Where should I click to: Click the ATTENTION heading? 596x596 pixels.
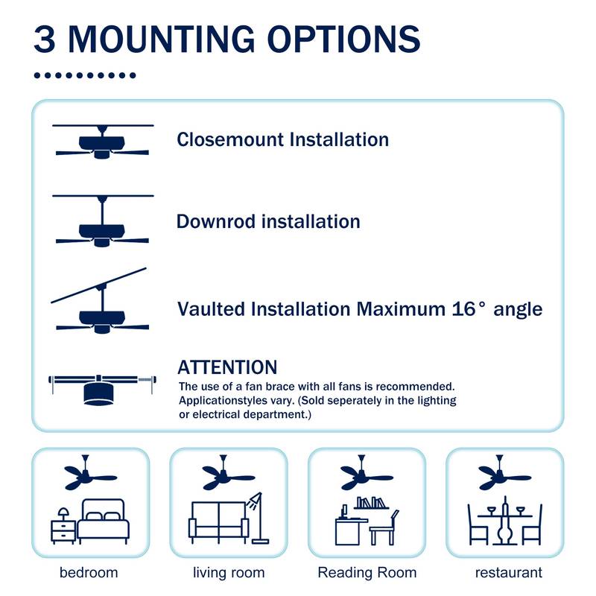[227, 367]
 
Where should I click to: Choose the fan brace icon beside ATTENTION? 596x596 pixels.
[102, 389]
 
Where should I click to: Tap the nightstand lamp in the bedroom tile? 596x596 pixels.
[64, 514]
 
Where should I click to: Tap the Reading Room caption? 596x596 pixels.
[367, 573]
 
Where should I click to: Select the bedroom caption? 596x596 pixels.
[89, 573]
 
